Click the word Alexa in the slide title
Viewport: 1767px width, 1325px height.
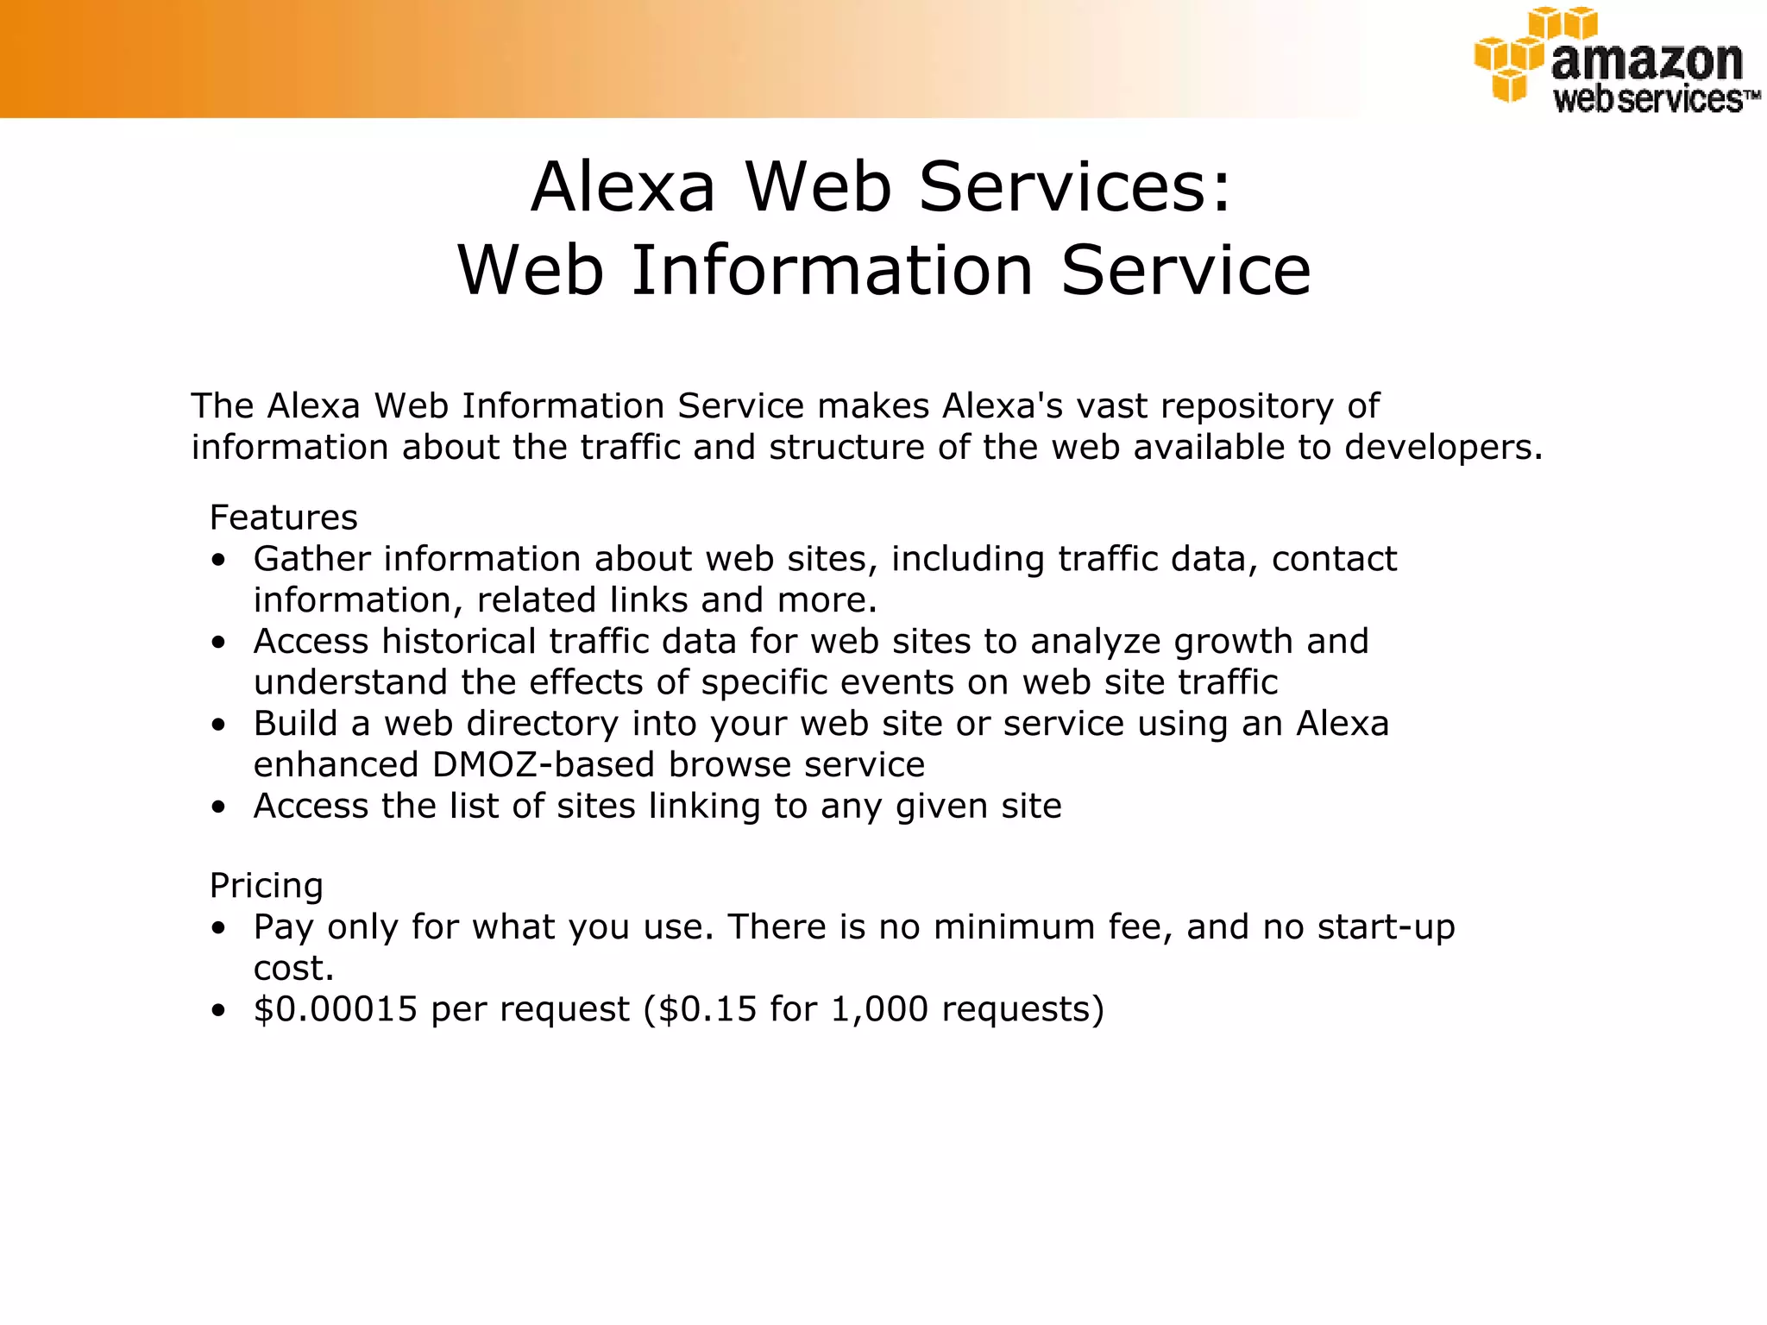pyautogui.click(x=623, y=187)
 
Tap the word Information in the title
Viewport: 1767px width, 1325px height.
pyautogui.click(x=833, y=271)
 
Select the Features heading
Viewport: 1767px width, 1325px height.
pyautogui.click(x=283, y=518)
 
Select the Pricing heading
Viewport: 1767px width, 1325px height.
pyautogui.click(x=266, y=886)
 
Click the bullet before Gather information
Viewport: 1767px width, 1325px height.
pyautogui.click(x=219, y=560)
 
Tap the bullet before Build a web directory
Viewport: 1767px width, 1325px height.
pyautogui.click(x=219, y=725)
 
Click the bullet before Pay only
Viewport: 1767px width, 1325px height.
pyautogui.click(x=219, y=928)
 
